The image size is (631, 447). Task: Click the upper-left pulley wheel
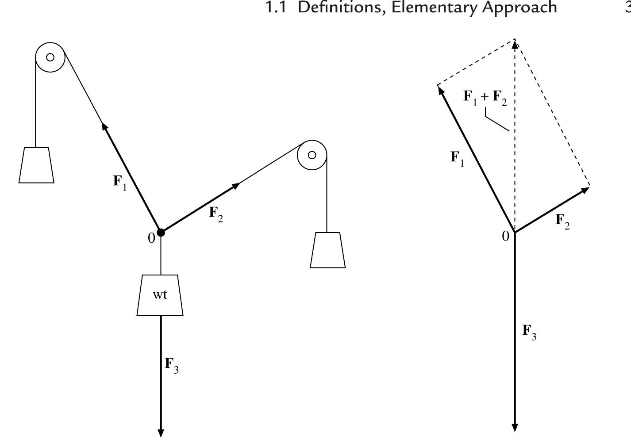click(50, 57)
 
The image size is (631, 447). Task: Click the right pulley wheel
click(312, 155)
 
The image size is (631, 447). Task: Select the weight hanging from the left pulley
click(36, 165)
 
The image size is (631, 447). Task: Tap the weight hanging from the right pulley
click(327, 250)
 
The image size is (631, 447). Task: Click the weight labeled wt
click(160, 295)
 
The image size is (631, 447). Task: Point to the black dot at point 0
click(161, 232)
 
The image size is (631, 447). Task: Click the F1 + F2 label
click(485, 97)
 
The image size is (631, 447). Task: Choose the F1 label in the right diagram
click(457, 158)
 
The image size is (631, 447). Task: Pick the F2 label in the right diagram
click(562, 221)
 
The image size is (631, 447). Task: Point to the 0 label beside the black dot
click(151, 238)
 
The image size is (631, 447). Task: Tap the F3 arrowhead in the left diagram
click(161, 432)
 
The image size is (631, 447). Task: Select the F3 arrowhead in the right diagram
click(515, 427)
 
